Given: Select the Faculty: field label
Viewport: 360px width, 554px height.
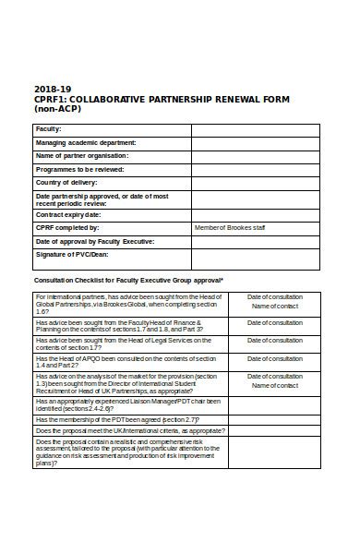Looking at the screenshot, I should [48, 130].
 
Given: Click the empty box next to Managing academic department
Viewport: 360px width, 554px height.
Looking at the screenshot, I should [255, 143].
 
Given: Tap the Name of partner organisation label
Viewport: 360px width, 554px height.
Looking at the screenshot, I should [81, 156].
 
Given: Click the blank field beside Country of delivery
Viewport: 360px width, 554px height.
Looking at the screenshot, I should [255, 184].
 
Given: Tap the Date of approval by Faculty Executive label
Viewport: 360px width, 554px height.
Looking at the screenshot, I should [95, 241].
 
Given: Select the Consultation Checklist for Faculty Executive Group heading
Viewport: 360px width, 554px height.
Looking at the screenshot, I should [128, 280].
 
